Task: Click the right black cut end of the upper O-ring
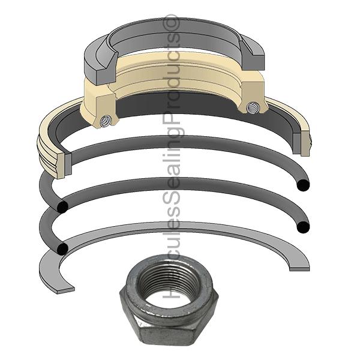(303, 185)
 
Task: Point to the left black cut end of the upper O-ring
(62, 206)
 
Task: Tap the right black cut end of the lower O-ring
(303, 227)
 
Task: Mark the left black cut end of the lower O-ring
(62, 248)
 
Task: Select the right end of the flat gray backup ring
(299, 268)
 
